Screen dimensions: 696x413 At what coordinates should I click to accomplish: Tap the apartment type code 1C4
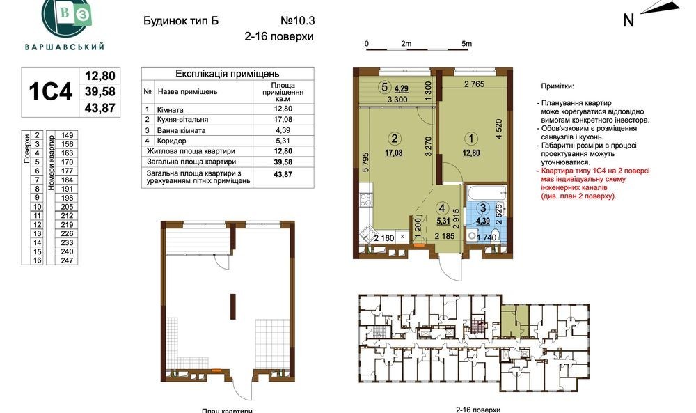(x=50, y=92)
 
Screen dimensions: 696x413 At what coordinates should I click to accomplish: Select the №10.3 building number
(x=297, y=21)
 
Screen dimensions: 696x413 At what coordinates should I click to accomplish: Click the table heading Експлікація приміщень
(x=228, y=73)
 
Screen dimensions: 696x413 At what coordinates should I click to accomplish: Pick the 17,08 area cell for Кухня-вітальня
(x=283, y=120)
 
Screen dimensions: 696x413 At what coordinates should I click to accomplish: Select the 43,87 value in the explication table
(x=283, y=175)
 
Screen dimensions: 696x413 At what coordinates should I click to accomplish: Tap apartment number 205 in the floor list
(x=67, y=206)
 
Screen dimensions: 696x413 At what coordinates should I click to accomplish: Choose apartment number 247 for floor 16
(x=67, y=260)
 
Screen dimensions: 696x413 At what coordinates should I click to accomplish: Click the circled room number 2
(x=394, y=139)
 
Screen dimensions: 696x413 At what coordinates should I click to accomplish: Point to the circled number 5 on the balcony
(x=385, y=87)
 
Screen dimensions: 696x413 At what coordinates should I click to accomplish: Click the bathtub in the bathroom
(x=486, y=192)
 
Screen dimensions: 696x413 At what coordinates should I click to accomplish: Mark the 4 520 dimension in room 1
(x=499, y=130)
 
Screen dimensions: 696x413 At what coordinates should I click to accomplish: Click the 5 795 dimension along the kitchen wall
(x=365, y=162)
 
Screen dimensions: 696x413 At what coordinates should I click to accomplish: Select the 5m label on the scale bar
(x=466, y=43)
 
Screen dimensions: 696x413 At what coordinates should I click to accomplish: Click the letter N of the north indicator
(x=628, y=20)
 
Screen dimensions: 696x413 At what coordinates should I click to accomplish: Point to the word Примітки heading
(x=557, y=86)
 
